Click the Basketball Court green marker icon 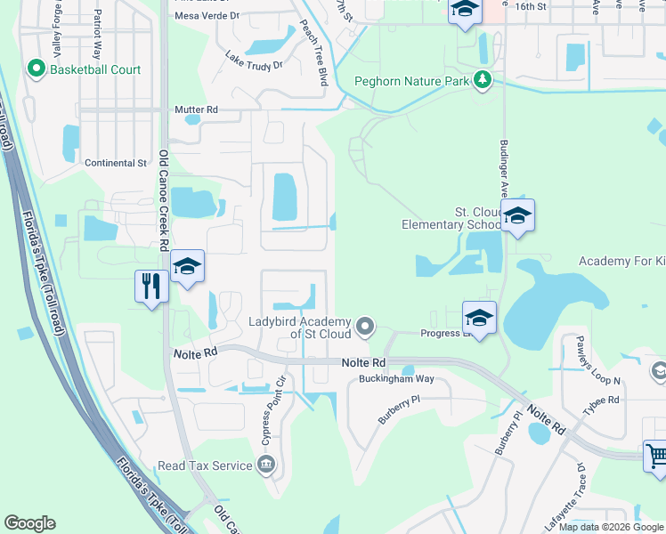[37, 68]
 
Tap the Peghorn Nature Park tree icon [483, 81]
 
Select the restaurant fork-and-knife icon [150, 287]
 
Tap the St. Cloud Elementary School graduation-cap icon [517, 215]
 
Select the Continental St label [116, 163]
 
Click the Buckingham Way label [396, 379]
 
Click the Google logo [29, 523]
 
